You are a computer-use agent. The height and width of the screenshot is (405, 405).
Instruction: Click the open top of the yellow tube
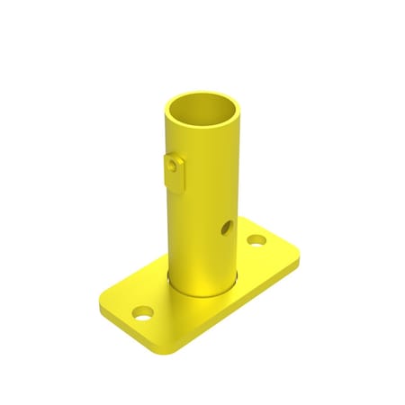point(204,112)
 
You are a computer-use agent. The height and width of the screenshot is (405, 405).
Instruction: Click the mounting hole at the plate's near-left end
point(142,313)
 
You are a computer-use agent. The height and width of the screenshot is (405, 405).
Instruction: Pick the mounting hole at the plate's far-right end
point(258,241)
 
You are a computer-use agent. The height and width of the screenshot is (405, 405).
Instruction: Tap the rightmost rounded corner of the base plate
point(297,258)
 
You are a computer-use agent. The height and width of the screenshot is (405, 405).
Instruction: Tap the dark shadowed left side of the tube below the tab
point(174,234)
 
